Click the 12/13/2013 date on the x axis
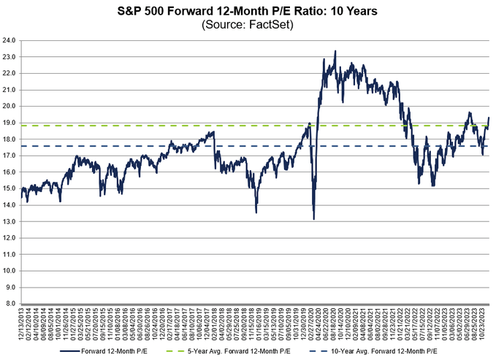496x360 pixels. click(x=23, y=325)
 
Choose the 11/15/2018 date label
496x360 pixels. click(x=256, y=325)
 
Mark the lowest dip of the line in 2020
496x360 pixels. click(x=313, y=219)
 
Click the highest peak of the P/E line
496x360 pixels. click(x=335, y=51)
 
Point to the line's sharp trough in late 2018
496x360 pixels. click(x=256, y=212)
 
